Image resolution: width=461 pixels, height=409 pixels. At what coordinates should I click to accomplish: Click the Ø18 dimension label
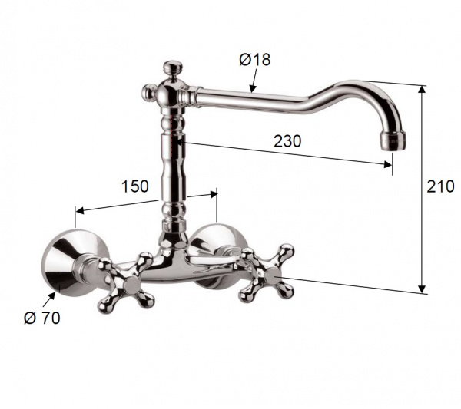(x=254, y=60)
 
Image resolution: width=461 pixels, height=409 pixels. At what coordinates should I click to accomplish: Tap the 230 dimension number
(x=287, y=141)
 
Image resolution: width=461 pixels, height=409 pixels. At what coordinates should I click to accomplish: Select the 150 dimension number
(x=135, y=186)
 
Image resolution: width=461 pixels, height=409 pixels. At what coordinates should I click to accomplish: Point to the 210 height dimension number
(x=440, y=186)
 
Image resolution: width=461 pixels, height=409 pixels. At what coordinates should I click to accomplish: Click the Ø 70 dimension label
(x=42, y=318)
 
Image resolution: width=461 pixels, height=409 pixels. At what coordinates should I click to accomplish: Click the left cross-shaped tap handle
(x=127, y=282)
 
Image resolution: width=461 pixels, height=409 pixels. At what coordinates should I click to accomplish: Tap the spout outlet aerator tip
(x=393, y=141)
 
